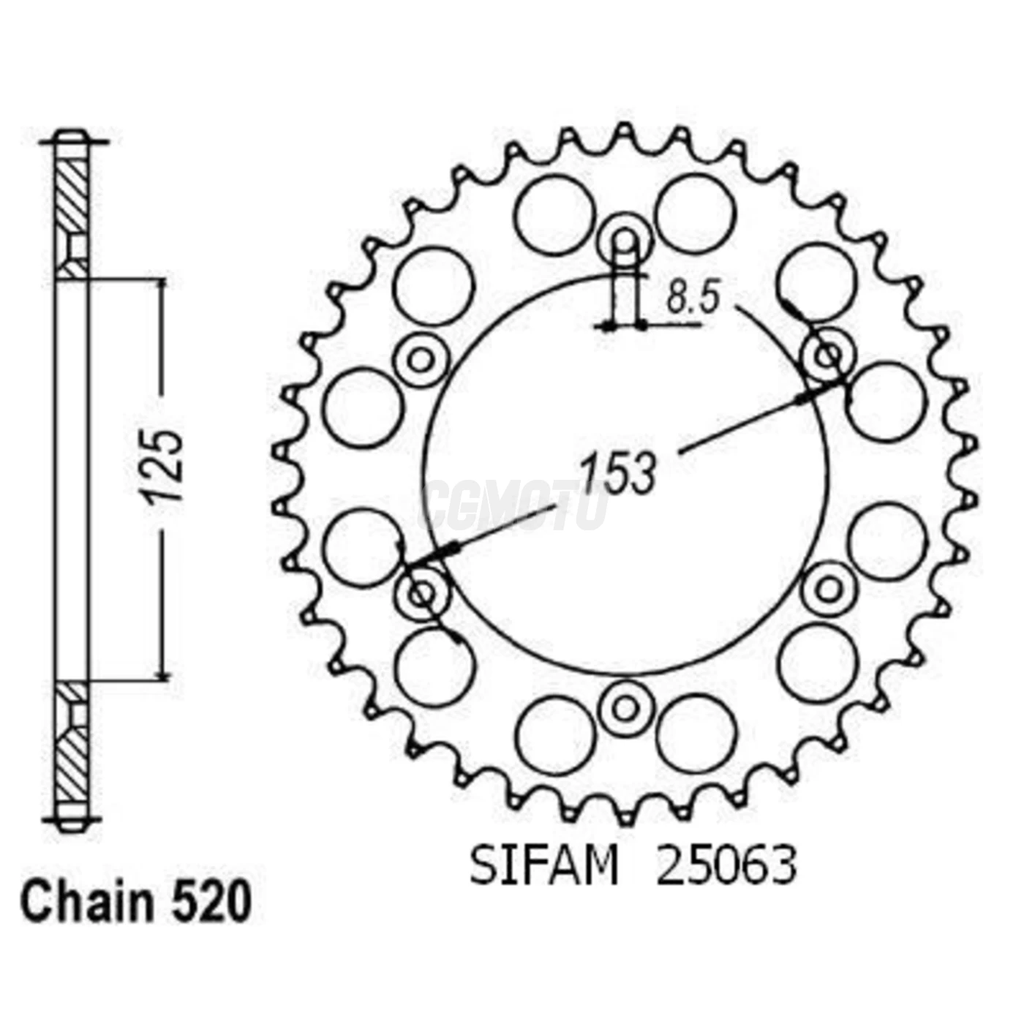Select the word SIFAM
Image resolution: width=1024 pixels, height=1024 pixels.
tap(543, 866)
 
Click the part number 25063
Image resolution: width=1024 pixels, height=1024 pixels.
tap(726, 866)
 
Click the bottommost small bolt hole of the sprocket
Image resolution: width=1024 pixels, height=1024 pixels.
tap(625, 707)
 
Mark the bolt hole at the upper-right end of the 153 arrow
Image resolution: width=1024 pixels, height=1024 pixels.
tap(828, 357)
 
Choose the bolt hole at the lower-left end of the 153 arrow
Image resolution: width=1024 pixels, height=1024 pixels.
tap(421, 592)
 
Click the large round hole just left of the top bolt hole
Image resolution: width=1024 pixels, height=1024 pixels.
tap(554, 215)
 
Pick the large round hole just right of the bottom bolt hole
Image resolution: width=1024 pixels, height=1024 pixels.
tap(696, 734)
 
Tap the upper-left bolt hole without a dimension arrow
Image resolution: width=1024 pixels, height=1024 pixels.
tap(421, 358)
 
